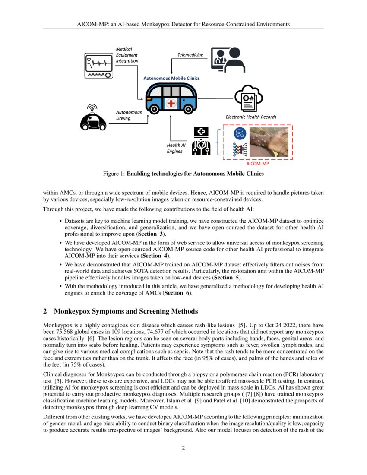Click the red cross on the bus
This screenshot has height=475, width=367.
[x=171, y=103]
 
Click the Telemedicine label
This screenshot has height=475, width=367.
[x=190, y=55]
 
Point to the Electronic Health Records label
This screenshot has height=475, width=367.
[x=251, y=117]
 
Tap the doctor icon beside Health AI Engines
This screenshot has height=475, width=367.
[x=201, y=141]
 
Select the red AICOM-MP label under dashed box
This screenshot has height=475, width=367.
[x=258, y=164]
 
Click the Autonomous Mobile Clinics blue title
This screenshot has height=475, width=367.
[x=171, y=79]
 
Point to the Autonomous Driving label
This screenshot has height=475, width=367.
[x=129, y=115]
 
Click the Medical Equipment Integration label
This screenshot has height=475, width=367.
[x=127, y=55]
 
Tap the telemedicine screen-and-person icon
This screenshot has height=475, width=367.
[x=225, y=59]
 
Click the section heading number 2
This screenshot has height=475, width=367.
[x=45, y=311]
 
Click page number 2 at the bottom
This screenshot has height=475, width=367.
[x=183, y=448]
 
